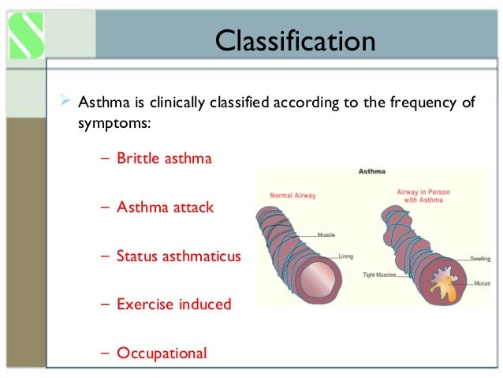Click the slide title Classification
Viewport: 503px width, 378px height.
296,39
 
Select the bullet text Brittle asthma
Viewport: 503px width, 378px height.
164,159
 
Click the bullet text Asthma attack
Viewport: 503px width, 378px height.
165,208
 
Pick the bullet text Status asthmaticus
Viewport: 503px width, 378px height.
178,256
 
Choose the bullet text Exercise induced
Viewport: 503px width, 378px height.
173,304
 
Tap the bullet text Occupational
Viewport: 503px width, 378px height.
162,353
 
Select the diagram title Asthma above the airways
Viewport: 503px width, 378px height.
371,170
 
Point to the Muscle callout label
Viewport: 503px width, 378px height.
327,234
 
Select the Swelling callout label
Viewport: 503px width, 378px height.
480,258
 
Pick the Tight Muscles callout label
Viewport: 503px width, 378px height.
380,275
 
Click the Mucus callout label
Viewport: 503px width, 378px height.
483,282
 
